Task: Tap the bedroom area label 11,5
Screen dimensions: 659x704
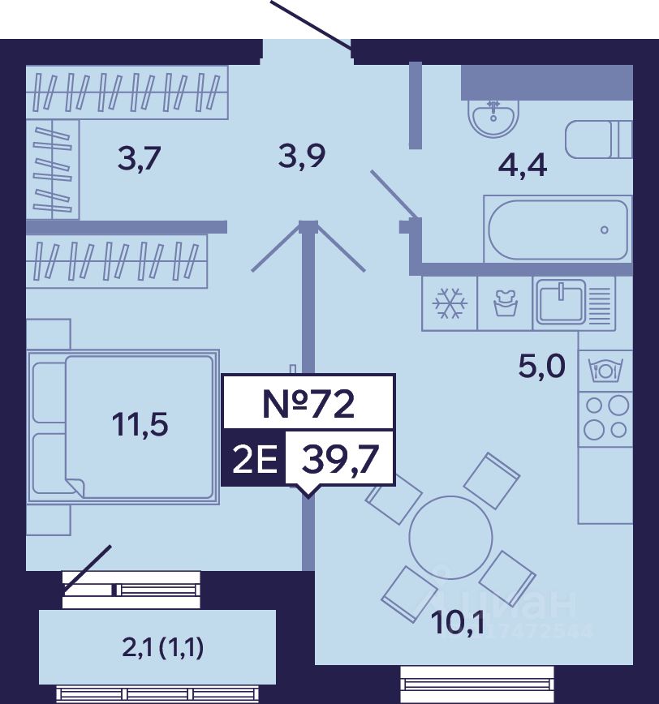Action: (140, 423)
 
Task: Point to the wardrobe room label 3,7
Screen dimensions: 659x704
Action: (140, 157)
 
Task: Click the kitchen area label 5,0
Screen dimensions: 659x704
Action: (541, 368)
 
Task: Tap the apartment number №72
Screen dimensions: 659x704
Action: (309, 402)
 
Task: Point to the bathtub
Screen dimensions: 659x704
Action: (558, 229)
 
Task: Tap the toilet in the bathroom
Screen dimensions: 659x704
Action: (599, 140)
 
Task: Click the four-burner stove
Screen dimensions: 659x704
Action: (605, 417)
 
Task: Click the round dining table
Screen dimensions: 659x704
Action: (450, 536)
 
